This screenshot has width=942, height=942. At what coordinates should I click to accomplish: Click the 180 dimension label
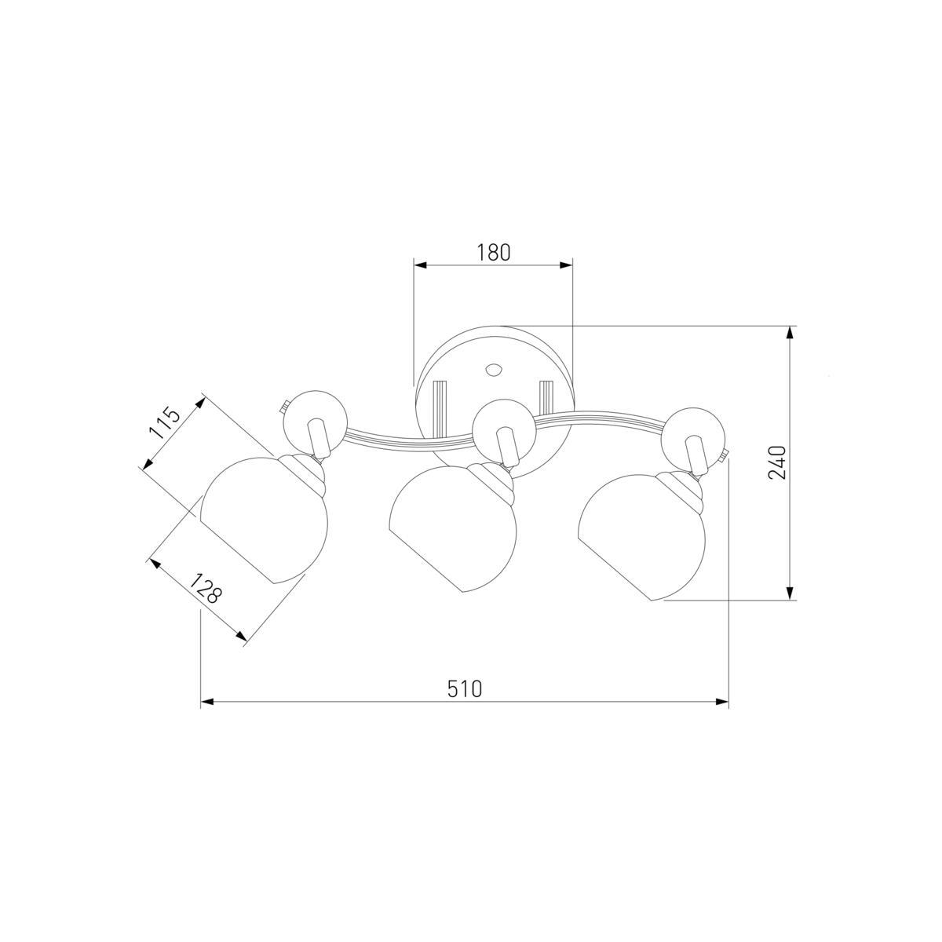[x=493, y=252]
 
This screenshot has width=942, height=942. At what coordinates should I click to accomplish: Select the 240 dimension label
[x=777, y=462]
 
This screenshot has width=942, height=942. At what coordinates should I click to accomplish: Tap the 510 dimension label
[x=465, y=688]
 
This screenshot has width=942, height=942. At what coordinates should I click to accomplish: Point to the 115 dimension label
[x=165, y=423]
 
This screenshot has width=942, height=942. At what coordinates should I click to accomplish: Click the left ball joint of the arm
[x=316, y=422]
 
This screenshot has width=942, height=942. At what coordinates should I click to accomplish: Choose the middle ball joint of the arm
[x=505, y=431]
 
